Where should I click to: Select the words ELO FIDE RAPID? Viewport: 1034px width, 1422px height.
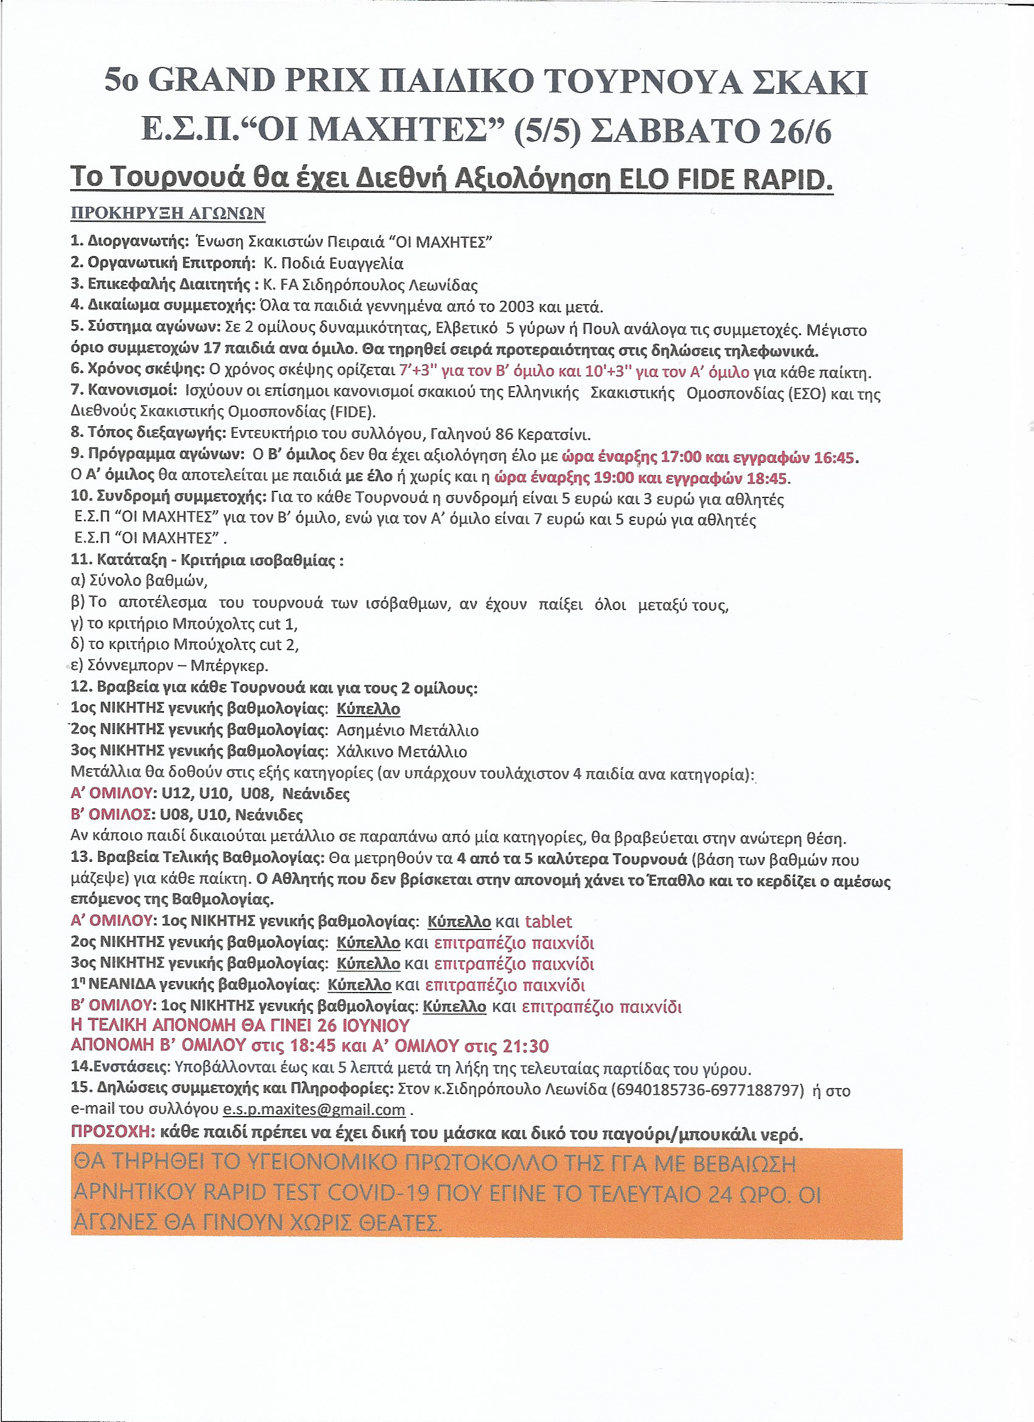(x=726, y=179)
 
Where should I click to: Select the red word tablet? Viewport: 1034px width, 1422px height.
(x=549, y=921)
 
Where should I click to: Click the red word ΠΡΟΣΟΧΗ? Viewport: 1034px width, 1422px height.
(x=113, y=1132)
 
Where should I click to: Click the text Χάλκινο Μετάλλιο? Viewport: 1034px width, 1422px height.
(x=402, y=752)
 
